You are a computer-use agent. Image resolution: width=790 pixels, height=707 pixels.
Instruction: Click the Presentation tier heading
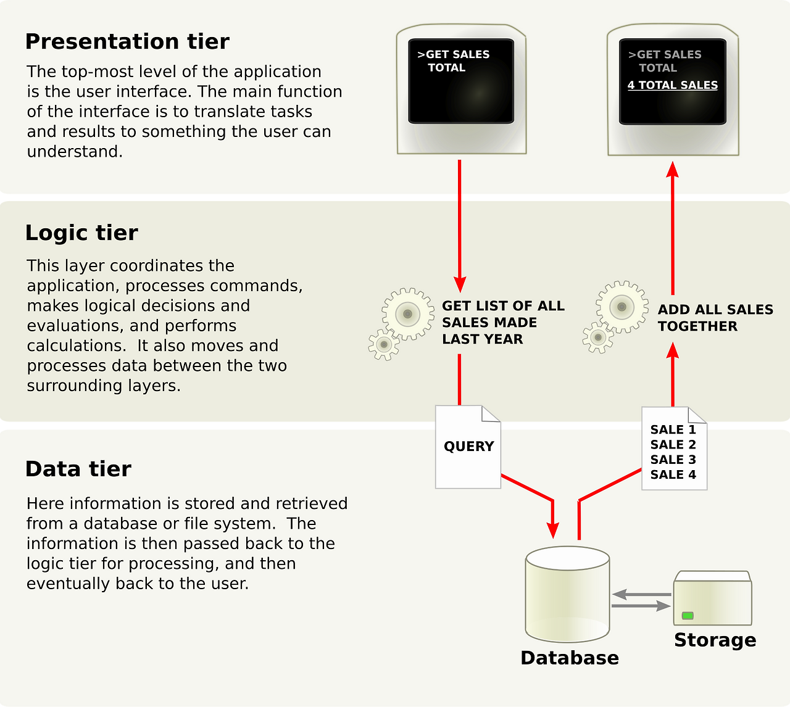click(127, 41)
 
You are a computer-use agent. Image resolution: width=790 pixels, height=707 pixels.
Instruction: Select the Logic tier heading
click(81, 233)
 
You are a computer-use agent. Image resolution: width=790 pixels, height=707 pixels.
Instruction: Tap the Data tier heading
click(78, 469)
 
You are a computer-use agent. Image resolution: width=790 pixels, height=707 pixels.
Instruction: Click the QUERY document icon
click(468, 447)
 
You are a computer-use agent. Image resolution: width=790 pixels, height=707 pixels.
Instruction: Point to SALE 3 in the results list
click(673, 460)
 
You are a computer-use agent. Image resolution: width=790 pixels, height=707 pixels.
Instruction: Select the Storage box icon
click(713, 599)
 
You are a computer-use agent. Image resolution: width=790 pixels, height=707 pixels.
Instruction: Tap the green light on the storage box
click(688, 616)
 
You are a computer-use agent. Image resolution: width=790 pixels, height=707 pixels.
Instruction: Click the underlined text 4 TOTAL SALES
click(673, 85)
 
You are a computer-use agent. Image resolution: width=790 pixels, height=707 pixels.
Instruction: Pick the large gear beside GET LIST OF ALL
click(407, 314)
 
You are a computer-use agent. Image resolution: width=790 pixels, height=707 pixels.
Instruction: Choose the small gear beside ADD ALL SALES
click(597, 337)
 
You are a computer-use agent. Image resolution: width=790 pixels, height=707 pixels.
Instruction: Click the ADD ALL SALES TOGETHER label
click(715, 318)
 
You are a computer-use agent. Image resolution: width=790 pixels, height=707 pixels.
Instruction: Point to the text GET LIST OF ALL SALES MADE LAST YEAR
click(502, 323)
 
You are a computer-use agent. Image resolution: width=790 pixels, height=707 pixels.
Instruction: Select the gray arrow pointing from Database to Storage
click(642, 606)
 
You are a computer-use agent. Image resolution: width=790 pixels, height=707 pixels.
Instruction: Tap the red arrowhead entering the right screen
click(673, 170)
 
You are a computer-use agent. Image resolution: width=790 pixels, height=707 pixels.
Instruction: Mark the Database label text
click(570, 658)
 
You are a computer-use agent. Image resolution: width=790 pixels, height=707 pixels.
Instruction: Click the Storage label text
click(715, 640)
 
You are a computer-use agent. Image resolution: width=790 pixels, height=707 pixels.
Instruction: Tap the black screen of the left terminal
click(461, 81)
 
